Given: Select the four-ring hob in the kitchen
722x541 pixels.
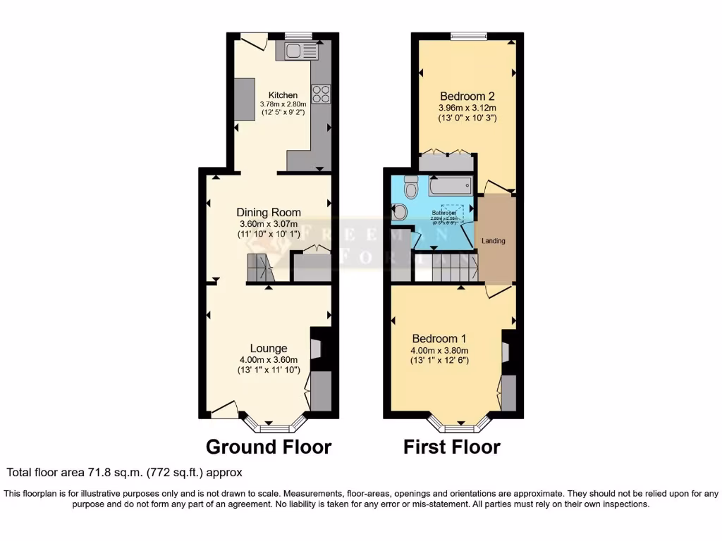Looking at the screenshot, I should coord(321,93).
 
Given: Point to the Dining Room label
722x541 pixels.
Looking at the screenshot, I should coord(268,212).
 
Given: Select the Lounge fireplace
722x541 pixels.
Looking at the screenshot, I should coord(318,349).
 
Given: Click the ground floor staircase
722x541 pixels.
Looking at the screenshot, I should coord(259,268).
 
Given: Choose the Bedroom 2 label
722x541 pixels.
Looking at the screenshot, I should coord(467,97).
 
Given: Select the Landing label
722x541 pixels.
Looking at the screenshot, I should coord(493,241).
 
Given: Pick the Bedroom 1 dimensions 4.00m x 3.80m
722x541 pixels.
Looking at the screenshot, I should coord(439,350).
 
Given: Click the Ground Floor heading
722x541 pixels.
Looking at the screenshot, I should coord(268,447).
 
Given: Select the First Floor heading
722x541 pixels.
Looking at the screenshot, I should coord(451,447).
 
